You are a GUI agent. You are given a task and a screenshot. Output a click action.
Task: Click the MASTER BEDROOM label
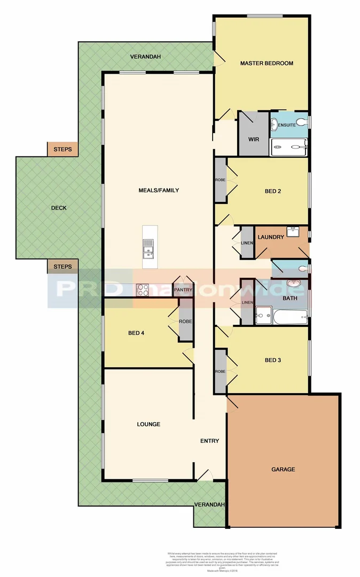(267, 63)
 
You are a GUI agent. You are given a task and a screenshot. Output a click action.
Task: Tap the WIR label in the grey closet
(253, 139)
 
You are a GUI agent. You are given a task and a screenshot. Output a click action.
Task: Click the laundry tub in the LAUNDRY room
(292, 231)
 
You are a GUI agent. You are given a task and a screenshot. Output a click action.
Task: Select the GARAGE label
(283, 469)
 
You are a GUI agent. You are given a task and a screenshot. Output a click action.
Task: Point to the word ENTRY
(209, 441)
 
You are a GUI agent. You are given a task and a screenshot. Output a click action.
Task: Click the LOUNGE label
(148, 424)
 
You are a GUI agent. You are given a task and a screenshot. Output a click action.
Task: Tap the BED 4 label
(136, 333)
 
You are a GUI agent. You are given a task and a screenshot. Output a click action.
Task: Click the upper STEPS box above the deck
(62, 149)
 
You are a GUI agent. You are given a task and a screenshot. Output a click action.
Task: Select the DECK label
(59, 208)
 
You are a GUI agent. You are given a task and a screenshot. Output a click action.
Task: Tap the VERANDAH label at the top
(146, 57)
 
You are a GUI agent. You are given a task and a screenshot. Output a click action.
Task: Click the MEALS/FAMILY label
(159, 190)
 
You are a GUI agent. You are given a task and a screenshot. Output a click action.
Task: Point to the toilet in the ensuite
(303, 122)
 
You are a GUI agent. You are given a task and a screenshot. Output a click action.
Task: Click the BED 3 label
(272, 360)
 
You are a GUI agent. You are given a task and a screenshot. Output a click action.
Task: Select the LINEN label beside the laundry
(247, 243)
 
